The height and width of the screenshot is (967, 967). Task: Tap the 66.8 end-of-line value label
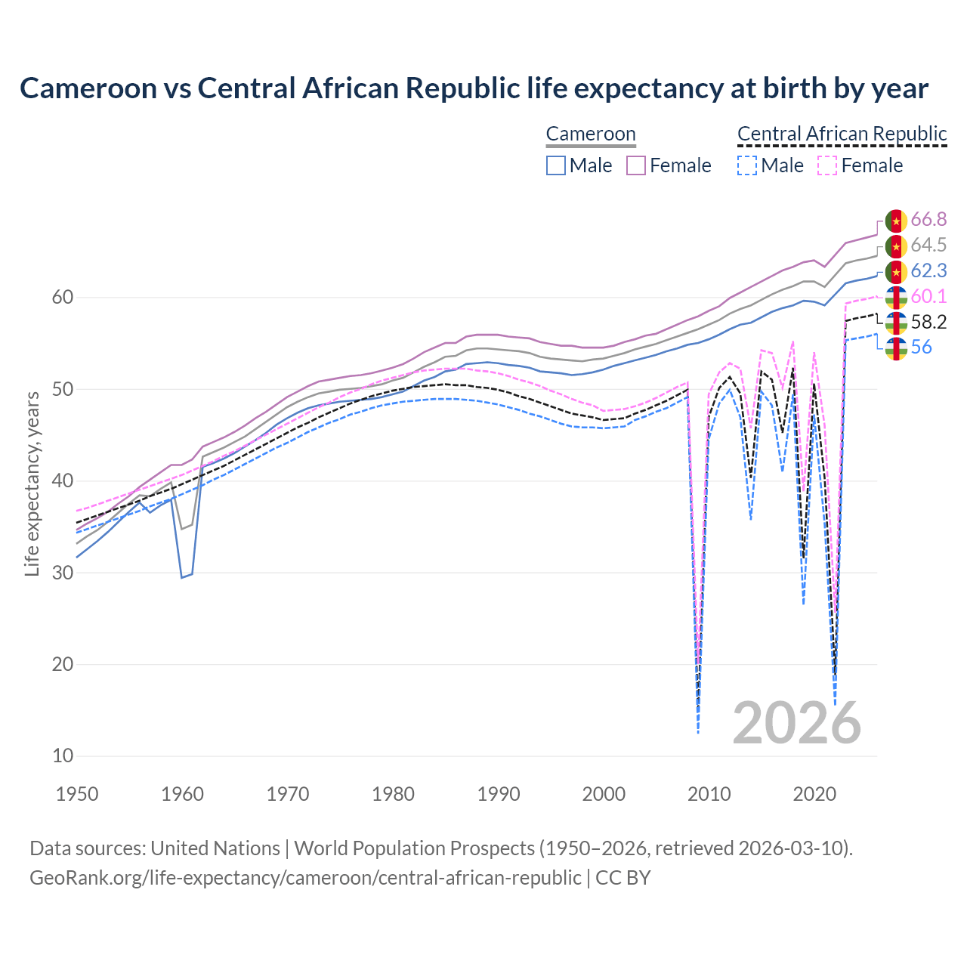(x=928, y=220)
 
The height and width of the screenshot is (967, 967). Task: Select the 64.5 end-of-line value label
(x=928, y=246)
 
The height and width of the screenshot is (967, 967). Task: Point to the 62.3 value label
(x=928, y=271)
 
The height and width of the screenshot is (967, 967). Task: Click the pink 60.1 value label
(x=928, y=296)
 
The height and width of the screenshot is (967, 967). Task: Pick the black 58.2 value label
(x=928, y=323)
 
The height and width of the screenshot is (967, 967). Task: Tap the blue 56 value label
(x=921, y=348)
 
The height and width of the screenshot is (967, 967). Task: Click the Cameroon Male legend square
(x=556, y=165)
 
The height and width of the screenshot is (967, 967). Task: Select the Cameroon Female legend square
(x=636, y=165)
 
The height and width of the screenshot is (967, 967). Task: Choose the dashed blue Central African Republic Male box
(x=746, y=165)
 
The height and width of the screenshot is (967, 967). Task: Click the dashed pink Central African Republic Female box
(x=827, y=165)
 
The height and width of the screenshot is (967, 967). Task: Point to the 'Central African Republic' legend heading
(x=842, y=134)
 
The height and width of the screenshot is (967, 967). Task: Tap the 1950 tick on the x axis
(x=77, y=794)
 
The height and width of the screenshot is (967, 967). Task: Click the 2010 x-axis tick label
(x=709, y=794)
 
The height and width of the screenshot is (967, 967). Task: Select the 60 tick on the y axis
(x=63, y=298)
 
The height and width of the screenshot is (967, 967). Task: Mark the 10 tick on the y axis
(x=63, y=755)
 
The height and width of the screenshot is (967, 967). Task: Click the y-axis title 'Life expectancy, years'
(x=32, y=483)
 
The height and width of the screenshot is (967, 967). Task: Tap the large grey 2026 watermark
(x=796, y=723)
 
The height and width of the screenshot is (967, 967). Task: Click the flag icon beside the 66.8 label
(x=895, y=221)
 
